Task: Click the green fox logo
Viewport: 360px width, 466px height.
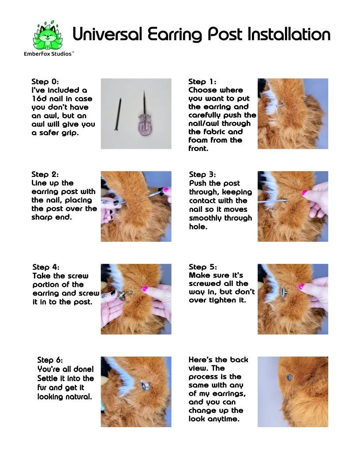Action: point(48,36)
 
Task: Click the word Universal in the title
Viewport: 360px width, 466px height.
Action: point(108,34)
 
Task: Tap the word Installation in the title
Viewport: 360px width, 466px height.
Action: point(289,34)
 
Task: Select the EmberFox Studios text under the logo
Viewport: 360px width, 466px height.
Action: point(49,54)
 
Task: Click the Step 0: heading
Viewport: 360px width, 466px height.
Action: point(45,82)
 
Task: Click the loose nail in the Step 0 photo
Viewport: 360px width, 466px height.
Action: point(118,114)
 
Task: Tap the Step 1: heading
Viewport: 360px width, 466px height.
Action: point(202,82)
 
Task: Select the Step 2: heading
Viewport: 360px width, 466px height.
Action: point(45,174)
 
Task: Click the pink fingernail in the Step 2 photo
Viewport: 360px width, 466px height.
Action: point(166,189)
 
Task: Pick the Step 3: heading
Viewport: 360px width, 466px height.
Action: point(202,174)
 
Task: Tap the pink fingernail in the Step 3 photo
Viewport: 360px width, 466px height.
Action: point(304,193)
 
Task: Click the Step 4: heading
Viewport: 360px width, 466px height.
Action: point(46,267)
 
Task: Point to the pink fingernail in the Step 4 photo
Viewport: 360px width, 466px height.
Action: point(145,289)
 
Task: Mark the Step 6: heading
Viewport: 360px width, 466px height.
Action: point(50,360)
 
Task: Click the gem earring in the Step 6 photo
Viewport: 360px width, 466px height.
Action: point(145,386)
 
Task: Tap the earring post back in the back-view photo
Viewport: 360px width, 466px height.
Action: point(289,377)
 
